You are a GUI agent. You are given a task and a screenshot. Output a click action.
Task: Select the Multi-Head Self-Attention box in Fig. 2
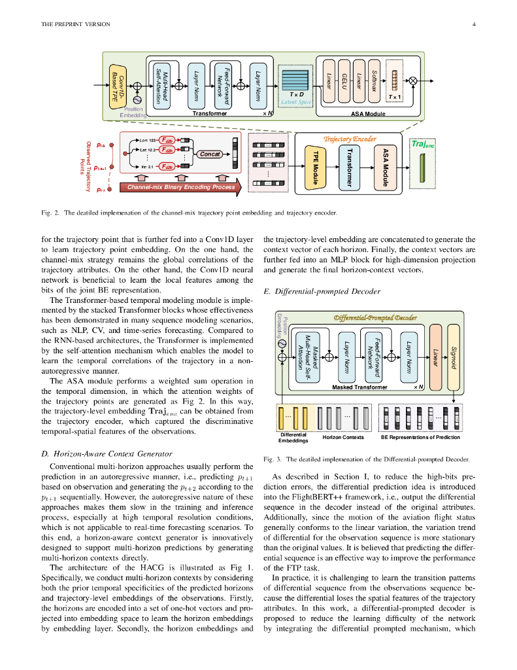click(161, 83)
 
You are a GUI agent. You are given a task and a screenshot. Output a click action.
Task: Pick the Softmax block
click(374, 82)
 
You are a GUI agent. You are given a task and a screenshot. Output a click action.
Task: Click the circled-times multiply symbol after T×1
click(413, 81)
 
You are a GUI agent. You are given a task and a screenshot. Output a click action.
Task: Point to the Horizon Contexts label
click(344, 437)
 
